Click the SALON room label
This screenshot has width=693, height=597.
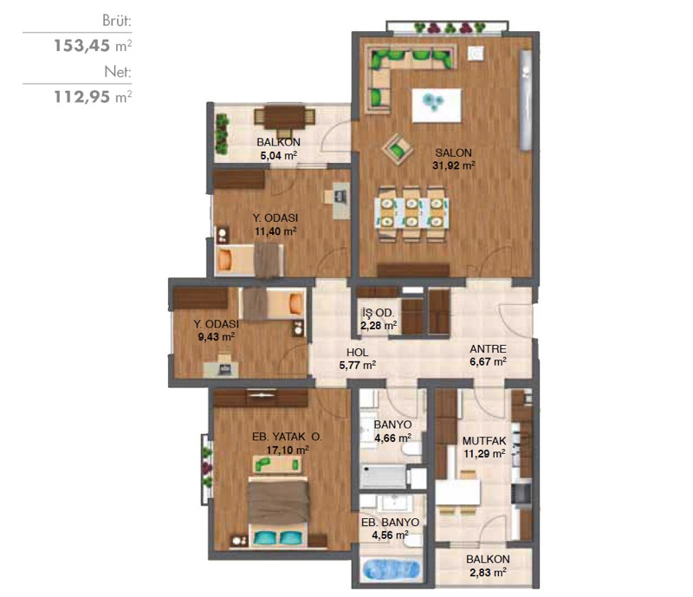[x=453, y=153]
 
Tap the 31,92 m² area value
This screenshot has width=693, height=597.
[x=453, y=165]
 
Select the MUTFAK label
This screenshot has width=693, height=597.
[x=484, y=441]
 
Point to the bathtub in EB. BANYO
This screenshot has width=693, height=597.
[x=391, y=569]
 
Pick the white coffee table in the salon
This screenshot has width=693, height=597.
[x=437, y=105]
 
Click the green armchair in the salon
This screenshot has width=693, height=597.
[x=398, y=149]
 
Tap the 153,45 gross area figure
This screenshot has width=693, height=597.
[x=81, y=46]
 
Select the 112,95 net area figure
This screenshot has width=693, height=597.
[x=81, y=97]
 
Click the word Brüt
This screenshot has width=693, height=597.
[x=117, y=21]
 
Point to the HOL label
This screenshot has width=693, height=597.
[x=358, y=353]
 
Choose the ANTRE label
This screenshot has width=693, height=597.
[x=488, y=349]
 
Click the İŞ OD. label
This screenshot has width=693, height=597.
[x=379, y=313]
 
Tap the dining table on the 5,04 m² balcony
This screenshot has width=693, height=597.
[x=285, y=117]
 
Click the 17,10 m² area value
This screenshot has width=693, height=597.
[x=288, y=451]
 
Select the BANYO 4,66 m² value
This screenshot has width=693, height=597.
[x=393, y=438]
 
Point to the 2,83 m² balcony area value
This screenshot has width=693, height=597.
[x=488, y=573]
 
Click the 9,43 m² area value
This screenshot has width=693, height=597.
[x=217, y=337]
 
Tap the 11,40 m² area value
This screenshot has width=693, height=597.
[x=275, y=231]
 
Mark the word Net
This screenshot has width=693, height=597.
[x=118, y=72]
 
